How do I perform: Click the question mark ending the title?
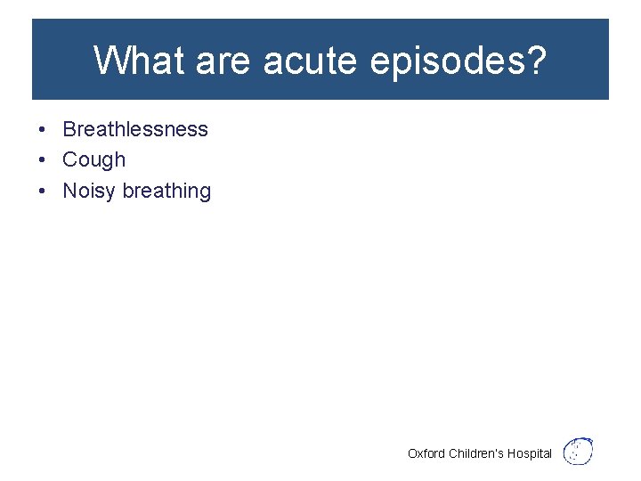point(536,61)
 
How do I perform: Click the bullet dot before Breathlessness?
point(43,129)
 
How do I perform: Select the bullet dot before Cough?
point(43,160)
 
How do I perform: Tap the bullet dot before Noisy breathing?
point(43,192)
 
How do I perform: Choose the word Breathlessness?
point(135,129)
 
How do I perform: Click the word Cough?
point(94,160)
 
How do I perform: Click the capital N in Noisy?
point(69,191)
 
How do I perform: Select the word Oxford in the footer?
point(426,453)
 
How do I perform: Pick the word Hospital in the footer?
point(531,454)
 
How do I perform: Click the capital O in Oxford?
point(412,453)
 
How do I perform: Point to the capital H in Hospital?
point(513,453)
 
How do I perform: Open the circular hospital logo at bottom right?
point(580,451)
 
